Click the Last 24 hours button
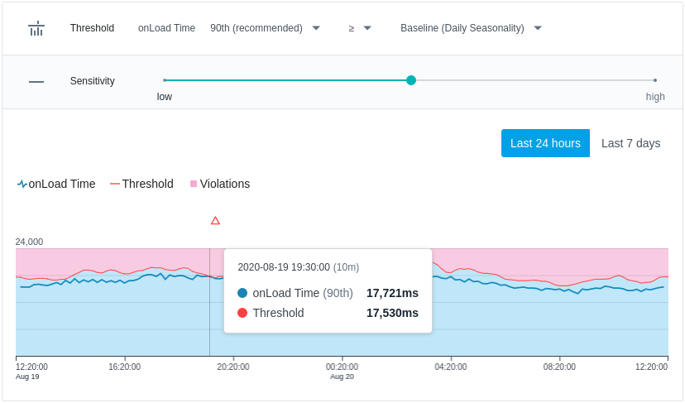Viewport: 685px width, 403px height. [545, 143]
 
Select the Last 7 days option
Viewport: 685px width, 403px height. [630, 143]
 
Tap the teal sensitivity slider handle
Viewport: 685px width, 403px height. [411, 80]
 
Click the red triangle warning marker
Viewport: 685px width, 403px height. [215, 220]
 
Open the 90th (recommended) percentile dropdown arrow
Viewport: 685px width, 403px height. [316, 28]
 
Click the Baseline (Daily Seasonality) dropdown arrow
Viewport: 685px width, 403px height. [538, 28]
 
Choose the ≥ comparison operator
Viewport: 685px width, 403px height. [352, 28]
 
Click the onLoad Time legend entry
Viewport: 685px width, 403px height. [56, 184]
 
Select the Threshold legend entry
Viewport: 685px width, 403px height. [141, 184]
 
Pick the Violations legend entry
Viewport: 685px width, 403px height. [220, 184]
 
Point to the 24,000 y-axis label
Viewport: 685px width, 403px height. [29, 242]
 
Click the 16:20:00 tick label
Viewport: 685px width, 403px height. [124, 367]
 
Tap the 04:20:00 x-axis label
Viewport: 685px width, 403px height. [450, 367]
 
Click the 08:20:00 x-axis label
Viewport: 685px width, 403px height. [559, 367]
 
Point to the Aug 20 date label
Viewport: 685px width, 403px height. [342, 377]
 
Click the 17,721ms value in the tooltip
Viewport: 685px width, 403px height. [392, 293]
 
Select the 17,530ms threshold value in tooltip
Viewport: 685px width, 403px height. [392, 313]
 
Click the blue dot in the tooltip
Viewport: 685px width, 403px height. [242, 293]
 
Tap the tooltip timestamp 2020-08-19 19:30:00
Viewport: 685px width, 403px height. [284, 267]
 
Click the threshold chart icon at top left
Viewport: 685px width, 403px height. [36, 28]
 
